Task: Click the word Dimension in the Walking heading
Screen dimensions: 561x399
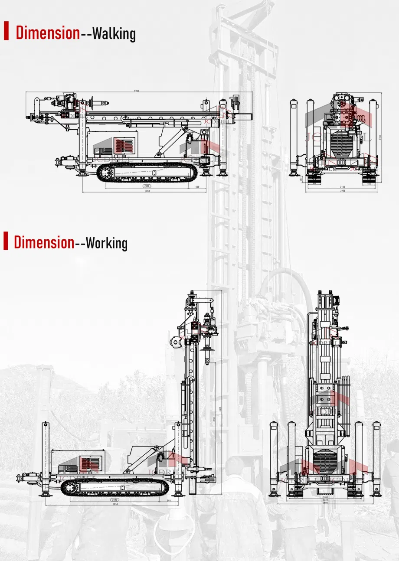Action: (x=48, y=33)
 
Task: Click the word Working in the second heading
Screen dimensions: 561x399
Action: (x=107, y=243)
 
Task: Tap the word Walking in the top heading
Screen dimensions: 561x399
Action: (x=114, y=33)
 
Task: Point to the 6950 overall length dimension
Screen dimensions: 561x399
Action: (x=136, y=91)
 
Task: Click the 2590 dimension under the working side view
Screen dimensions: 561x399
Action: (x=115, y=500)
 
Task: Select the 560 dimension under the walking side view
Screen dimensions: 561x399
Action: (x=197, y=187)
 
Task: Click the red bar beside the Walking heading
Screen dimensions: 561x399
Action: (x=6, y=30)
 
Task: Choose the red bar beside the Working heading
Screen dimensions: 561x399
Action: (x=6, y=241)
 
